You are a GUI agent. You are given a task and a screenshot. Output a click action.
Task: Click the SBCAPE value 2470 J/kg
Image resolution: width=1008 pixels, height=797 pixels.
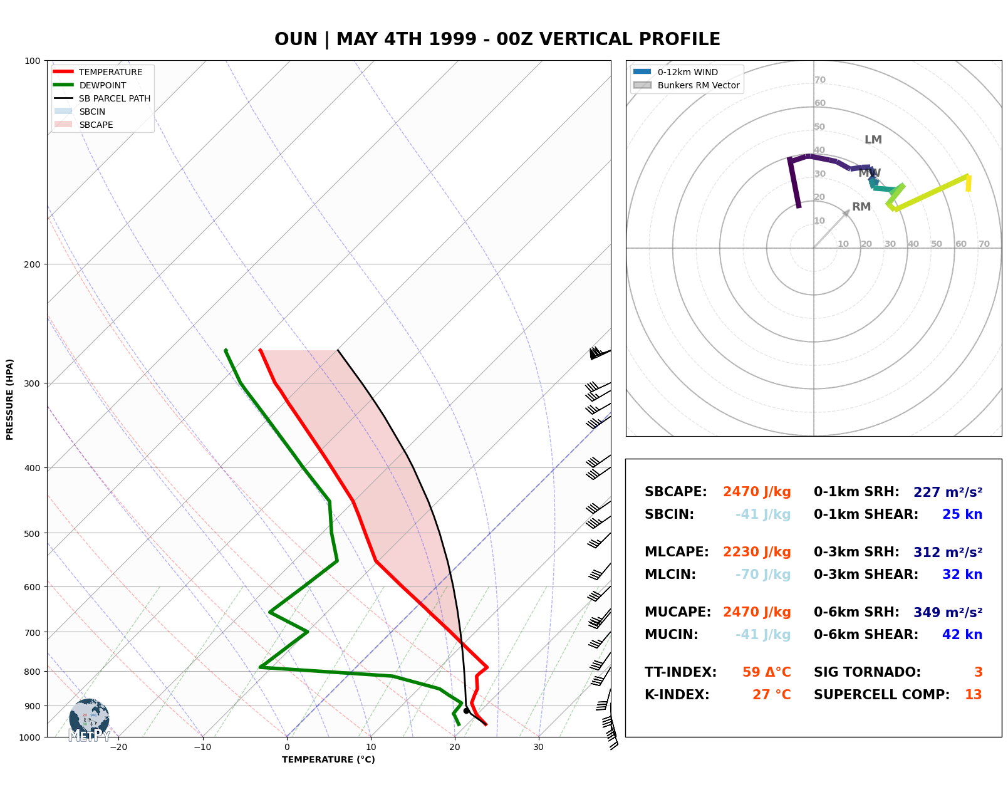tap(757, 492)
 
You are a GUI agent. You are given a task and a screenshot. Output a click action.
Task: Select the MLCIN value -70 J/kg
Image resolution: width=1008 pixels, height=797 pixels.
tap(762, 575)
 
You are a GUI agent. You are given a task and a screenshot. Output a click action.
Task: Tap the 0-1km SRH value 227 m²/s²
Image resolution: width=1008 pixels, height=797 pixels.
tap(947, 492)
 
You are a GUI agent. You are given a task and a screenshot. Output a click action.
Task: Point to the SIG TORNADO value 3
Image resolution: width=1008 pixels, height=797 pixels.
tap(978, 672)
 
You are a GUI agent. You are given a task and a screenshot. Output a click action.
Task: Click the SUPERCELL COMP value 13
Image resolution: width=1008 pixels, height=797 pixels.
tap(973, 695)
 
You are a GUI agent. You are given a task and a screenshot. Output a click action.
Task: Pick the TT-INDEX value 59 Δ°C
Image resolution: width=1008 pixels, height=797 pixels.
tap(766, 672)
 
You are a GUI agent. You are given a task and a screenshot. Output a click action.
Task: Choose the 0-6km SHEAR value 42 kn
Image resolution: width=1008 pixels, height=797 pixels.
tap(962, 635)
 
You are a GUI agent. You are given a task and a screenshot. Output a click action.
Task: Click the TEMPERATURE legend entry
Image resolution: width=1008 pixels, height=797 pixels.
tap(110, 72)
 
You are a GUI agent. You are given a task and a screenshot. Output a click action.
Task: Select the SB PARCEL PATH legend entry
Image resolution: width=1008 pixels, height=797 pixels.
tap(114, 98)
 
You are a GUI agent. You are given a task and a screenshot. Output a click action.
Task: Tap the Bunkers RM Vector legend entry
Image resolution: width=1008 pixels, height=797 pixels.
tap(698, 85)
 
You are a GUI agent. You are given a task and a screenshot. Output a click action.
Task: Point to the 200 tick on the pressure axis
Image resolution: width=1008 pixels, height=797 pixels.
tap(32, 264)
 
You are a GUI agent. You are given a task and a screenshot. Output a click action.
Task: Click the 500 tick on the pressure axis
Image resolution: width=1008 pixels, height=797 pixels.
tap(32, 534)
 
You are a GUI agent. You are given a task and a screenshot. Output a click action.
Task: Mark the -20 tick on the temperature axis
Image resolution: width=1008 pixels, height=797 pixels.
tap(118, 747)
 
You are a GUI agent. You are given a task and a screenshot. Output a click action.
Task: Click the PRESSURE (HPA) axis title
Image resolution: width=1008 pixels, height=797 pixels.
tap(10, 399)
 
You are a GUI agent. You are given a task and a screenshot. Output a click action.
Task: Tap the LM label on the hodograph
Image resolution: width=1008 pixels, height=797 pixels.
tap(873, 140)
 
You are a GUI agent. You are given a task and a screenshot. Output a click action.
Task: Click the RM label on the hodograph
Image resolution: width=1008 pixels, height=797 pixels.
tap(861, 207)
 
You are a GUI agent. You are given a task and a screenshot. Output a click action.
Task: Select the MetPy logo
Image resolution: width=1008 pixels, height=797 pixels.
tap(89, 721)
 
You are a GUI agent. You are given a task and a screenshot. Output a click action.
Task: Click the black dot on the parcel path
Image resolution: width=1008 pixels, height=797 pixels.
tap(466, 711)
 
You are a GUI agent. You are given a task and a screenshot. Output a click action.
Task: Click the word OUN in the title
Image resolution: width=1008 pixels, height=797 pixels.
tap(296, 39)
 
